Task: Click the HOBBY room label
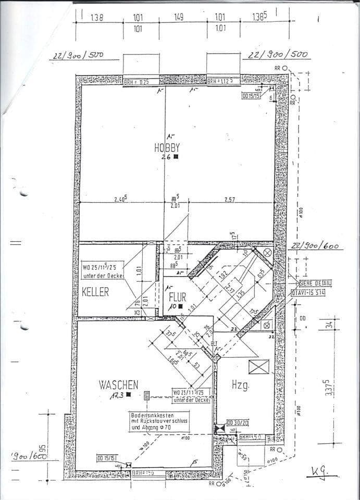tap(167, 147)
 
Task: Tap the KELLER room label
tap(95, 292)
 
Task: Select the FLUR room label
tap(177, 297)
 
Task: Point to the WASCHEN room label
tap(119, 385)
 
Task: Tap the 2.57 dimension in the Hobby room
tap(230, 199)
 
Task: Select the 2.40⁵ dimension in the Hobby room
tap(121, 199)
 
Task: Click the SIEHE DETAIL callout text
tap(314, 283)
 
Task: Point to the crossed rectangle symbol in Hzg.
tap(258, 367)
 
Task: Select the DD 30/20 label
tap(238, 423)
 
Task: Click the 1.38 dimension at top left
tap(97, 18)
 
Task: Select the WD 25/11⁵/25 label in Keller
tap(103, 268)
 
